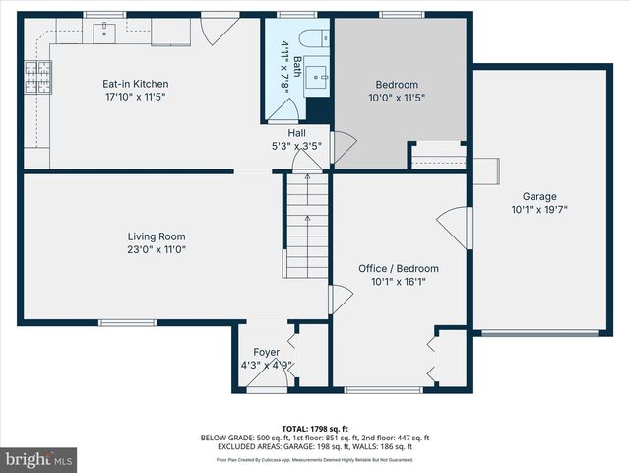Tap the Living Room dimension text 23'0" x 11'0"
click(x=157, y=250)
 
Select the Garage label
click(x=538, y=196)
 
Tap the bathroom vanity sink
click(x=318, y=75)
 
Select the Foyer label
click(x=266, y=352)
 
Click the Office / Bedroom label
click(x=398, y=268)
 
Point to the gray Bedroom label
click(x=397, y=85)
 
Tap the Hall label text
click(x=296, y=133)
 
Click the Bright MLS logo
click(x=39, y=459)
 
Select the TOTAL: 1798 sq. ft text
click(x=315, y=429)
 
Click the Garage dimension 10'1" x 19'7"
click(x=538, y=209)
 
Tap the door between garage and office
click(x=451, y=228)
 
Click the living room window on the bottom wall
click(x=127, y=322)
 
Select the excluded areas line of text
click(x=315, y=446)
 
